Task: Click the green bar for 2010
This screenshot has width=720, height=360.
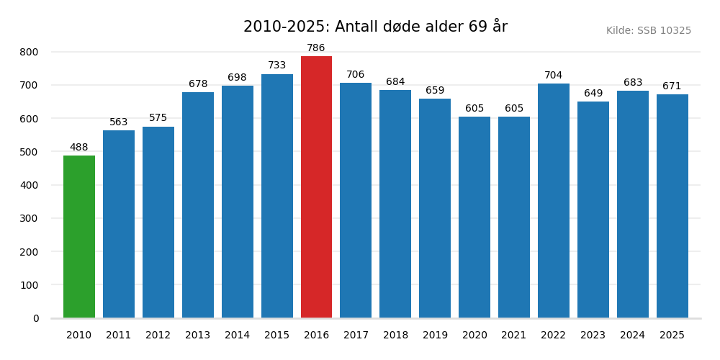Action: coord(79,237)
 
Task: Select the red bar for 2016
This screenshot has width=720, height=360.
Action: coord(316,187)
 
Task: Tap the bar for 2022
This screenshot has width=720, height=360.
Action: coord(554,201)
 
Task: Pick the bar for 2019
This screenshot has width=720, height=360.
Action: coord(435,208)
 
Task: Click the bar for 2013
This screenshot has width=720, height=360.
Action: coord(198,205)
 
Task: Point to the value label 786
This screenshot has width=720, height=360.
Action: coord(316,48)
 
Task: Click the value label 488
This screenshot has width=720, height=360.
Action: coord(79,148)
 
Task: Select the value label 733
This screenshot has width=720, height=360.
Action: coord(277,66)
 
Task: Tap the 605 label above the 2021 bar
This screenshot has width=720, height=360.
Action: coord(514,109)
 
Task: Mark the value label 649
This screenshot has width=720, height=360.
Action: coord(593,94)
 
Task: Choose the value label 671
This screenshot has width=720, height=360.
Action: coord(672,86)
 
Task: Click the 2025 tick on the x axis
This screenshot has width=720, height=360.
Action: coord(672,336)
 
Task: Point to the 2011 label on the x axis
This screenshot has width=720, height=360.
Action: coord(119,336)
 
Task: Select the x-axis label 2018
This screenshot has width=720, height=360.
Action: coord(395,336)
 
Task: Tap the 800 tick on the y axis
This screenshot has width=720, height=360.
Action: coord(30,52)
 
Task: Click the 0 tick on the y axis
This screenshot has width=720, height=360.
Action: coord(36,318)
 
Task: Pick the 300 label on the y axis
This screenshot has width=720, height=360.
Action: coord(30,218)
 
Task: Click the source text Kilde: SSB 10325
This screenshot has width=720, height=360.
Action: coord(648,31)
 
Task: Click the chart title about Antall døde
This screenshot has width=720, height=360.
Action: coord(375,27)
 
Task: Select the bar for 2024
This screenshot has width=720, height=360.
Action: coord(633,204)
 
